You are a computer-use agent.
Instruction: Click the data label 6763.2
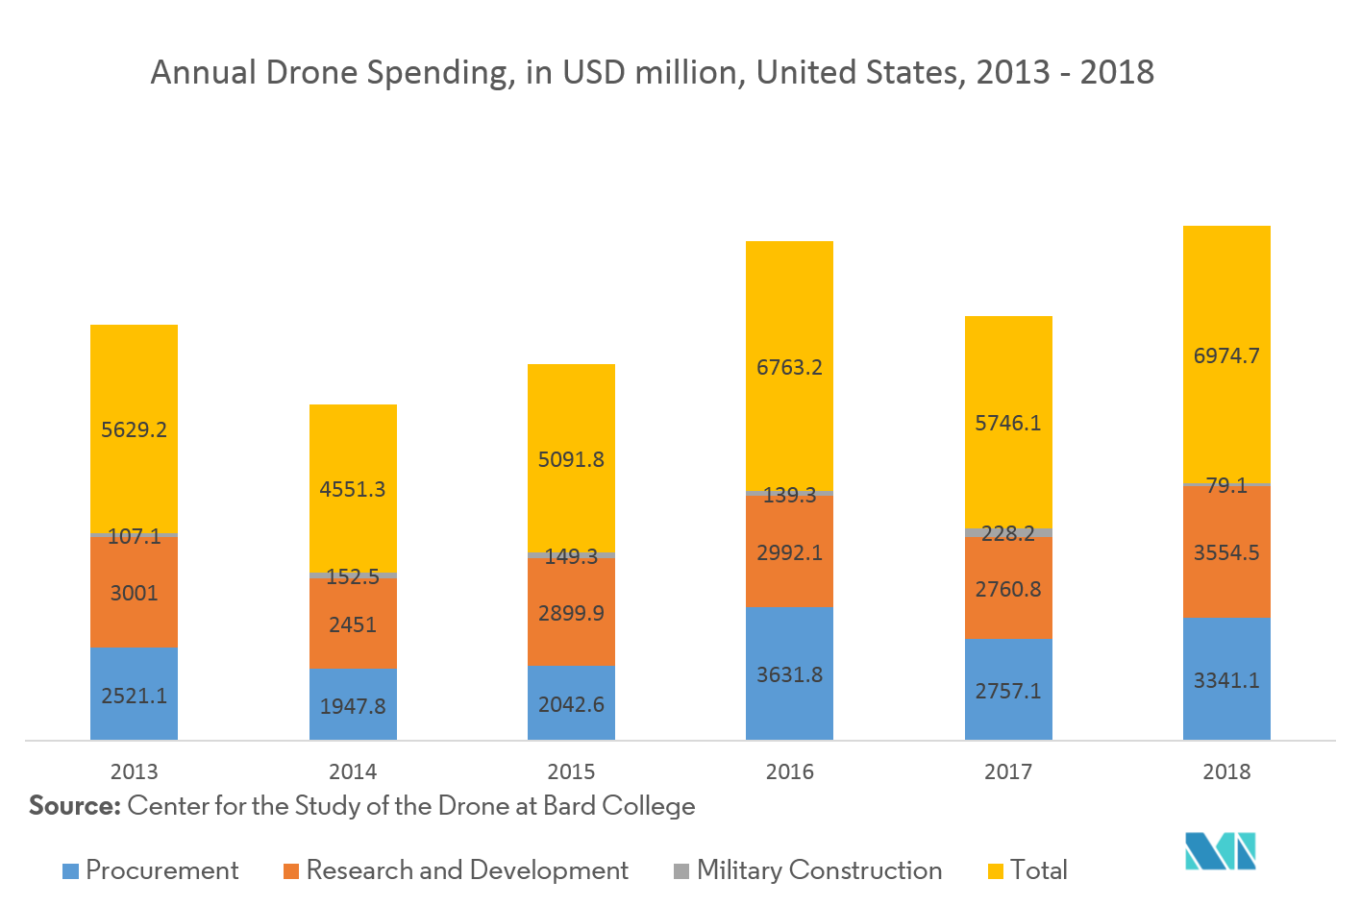pos(789,368)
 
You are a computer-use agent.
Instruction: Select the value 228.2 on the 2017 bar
pos(1008,534)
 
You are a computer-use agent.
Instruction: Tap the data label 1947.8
pos(353,706)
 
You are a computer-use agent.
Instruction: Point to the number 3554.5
pos(1226,553)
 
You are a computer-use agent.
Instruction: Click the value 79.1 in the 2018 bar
pos(1226,486)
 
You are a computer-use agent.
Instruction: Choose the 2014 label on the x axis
pos(353,771)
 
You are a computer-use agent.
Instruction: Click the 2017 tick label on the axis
pos(1008,771)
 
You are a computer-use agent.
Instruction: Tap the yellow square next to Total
pos(996,871)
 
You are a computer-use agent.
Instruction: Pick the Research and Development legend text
pos(467,870)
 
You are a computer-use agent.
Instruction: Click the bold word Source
pos(74,805)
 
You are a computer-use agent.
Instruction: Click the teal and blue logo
pos(1221,851)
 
